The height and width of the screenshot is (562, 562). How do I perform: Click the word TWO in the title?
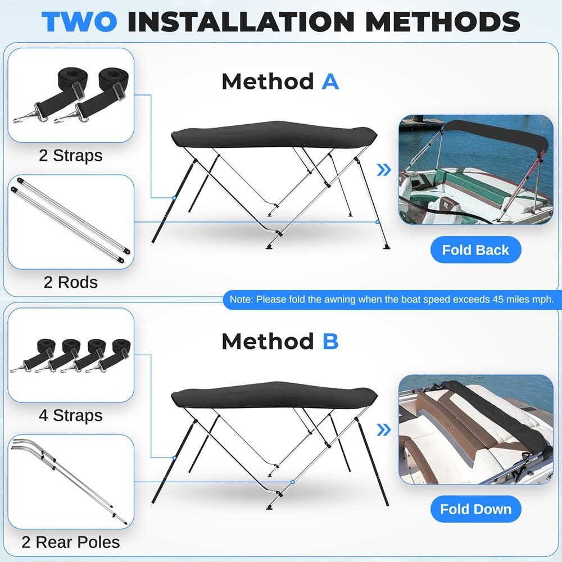coord(79,22)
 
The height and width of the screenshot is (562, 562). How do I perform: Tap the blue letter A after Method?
coord(330,81)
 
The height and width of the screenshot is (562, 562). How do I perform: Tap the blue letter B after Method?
coord(330,341)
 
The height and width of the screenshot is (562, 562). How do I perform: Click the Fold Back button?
coord(475,250)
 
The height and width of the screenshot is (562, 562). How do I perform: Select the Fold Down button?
coord(475,509)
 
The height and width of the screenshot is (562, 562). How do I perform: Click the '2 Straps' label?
coord(71,156)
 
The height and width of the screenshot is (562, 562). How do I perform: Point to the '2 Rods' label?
coord(71,283)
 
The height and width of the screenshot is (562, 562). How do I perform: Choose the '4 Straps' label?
coord(71,415)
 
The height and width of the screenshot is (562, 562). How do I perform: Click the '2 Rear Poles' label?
coord(71,542)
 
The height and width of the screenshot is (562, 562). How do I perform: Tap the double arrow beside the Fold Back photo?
coord(384,170)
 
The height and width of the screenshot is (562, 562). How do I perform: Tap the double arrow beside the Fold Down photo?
coord(384,430)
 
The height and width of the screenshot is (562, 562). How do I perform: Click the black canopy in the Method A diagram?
coord(274,135)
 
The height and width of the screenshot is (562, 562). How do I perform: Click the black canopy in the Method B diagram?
coord(274,395)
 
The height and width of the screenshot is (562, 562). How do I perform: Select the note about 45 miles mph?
coord(392,300)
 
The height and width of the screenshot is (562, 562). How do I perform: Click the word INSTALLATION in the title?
coord(241,22)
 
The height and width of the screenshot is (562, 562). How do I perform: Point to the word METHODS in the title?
coord(443,22)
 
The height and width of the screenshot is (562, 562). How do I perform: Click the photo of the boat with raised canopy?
coord(476,170)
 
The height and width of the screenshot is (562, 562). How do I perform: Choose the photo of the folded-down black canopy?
coord(476,430)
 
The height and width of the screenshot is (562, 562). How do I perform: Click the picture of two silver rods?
coord(71,222)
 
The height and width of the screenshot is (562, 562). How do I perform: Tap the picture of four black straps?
coord(71,355)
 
